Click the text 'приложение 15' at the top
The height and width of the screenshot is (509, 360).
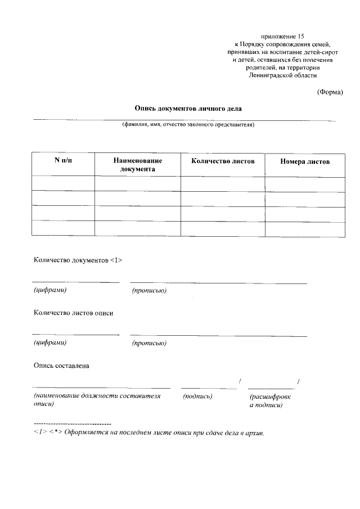282,36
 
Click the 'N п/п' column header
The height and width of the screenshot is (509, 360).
63,161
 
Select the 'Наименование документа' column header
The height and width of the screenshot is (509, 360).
137,165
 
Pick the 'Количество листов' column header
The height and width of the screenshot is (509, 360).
223,161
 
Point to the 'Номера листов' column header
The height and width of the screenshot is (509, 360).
305,161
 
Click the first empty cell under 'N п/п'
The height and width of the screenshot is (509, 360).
63,184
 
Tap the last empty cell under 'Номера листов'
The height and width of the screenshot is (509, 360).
305,228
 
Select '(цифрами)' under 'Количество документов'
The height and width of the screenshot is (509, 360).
51,290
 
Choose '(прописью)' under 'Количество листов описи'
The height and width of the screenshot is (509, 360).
149,343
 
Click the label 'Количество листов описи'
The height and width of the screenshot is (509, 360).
73,313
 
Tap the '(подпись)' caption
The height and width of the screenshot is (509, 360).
197,396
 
